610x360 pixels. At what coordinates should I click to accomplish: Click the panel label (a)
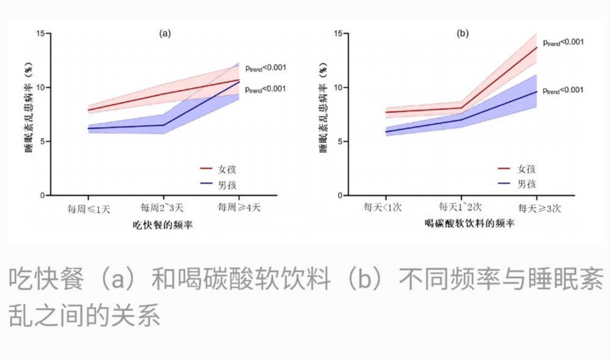point(164,34)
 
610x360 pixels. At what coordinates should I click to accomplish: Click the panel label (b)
point(462,34)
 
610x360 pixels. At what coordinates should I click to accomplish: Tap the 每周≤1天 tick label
point(89,208)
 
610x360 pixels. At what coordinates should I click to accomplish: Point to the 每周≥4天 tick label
point(239,208)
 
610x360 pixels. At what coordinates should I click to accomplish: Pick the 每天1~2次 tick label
point(461,208)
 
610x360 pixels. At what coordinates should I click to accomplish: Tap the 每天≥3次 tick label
point(538,208)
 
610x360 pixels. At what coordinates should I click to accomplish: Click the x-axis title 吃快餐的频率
point(163,225)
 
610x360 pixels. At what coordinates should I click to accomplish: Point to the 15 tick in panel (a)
point(40,34)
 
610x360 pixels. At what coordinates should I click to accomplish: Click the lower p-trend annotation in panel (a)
point(265,89)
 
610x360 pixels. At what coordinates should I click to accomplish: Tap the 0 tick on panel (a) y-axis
point(42,196)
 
